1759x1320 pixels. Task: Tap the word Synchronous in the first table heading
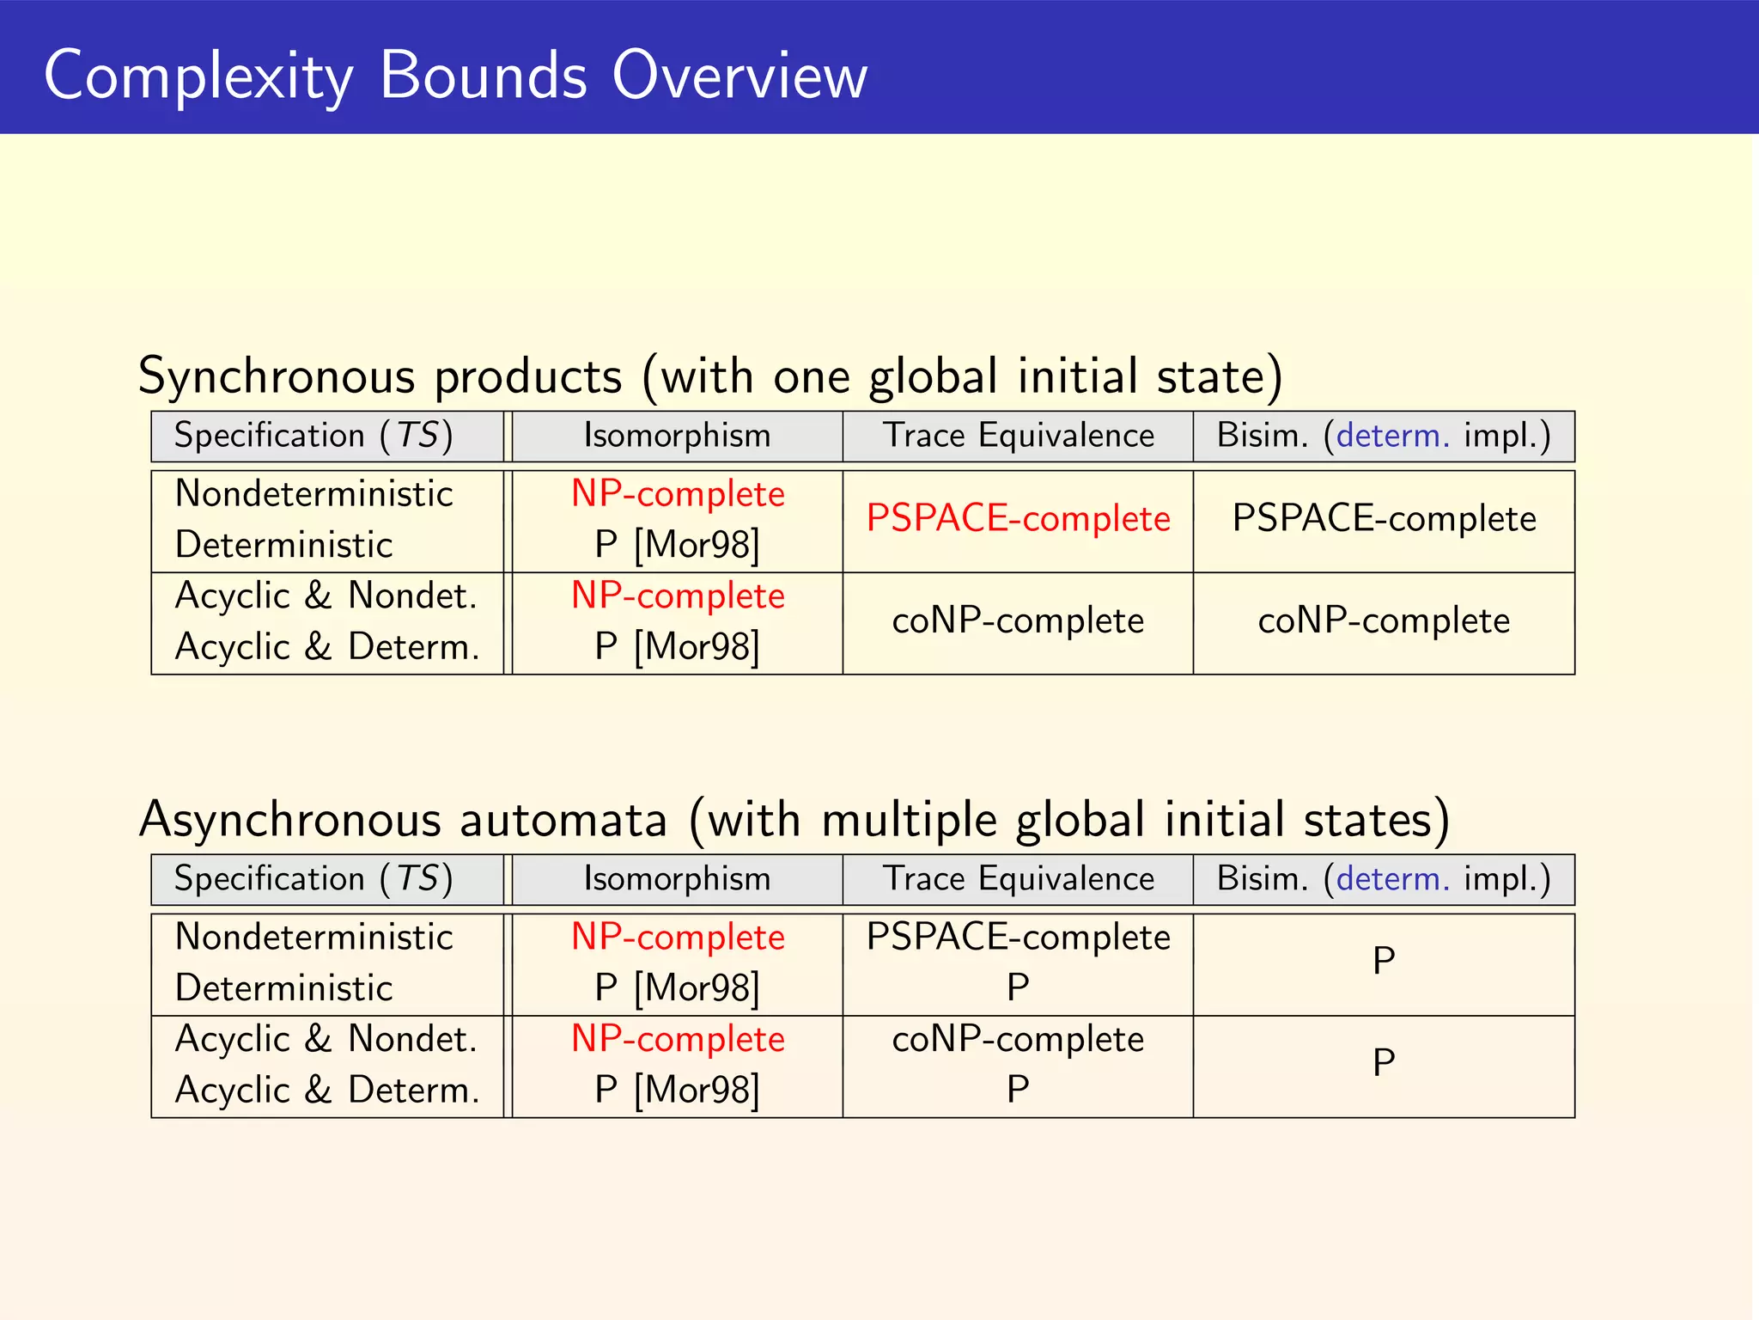[277, 376]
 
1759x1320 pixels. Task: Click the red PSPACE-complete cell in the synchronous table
[1018, 518]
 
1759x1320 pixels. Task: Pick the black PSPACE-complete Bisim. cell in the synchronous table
[1384, 518]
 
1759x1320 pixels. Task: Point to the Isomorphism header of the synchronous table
[677, 436]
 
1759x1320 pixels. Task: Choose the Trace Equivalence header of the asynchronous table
[1018, 879]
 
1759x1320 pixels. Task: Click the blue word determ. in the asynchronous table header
[1392, 879]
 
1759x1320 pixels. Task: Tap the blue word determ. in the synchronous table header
[1392, 436]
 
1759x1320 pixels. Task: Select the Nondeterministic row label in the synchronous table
[313, 494]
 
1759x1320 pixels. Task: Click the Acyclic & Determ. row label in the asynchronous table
[327, 1090]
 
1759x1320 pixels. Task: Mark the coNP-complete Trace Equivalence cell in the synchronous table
[1018, 620]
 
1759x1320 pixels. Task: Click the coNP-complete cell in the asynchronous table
[1018, 1040]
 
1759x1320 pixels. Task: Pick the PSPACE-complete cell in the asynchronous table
[1018, 938]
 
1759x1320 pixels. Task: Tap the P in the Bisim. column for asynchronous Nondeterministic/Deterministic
[1383, 961]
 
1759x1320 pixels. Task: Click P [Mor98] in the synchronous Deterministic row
[677, 545]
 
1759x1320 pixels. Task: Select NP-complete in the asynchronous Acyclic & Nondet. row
[678, 1040]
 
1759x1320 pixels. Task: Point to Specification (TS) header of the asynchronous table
[313, 879]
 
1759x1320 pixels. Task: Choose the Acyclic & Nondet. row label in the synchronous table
[326, 596]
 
